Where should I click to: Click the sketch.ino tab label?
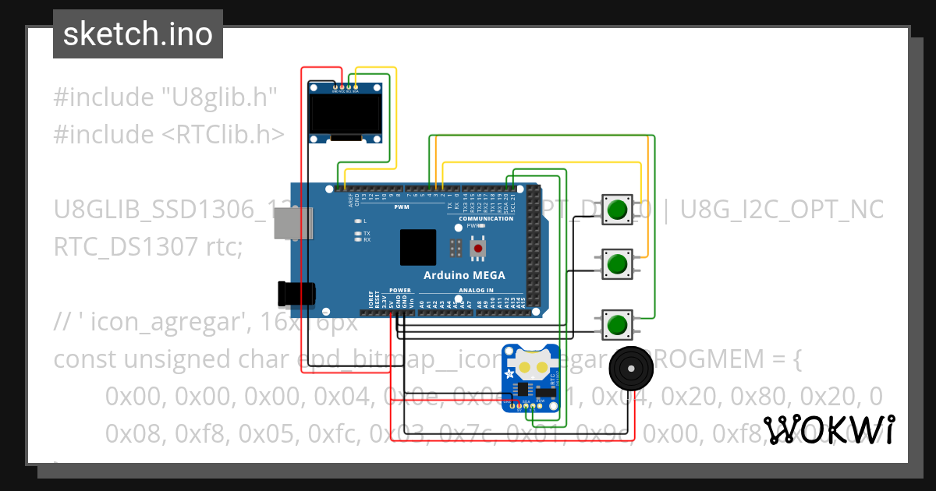138,34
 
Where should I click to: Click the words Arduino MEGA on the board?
464,275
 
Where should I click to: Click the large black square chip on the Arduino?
418,248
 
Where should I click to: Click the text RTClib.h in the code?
223,135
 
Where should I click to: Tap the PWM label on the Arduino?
402,207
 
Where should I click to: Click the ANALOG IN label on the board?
476,290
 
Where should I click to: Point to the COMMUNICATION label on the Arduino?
486,218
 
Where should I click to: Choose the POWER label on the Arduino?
399,290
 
